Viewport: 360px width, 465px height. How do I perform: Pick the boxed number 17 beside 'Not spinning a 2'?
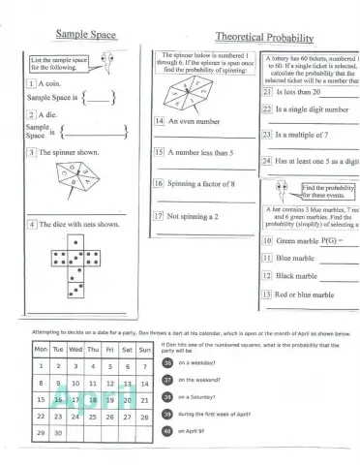pyautogui.click(x=160, y=216)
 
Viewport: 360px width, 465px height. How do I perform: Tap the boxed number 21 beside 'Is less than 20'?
pyautogui.click(x=268, y=91)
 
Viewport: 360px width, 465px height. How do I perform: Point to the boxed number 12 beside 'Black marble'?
pyautogui.click(x=268, y=275)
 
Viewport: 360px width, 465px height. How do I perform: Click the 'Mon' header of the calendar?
pyautogui.click(x=41, y=348)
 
